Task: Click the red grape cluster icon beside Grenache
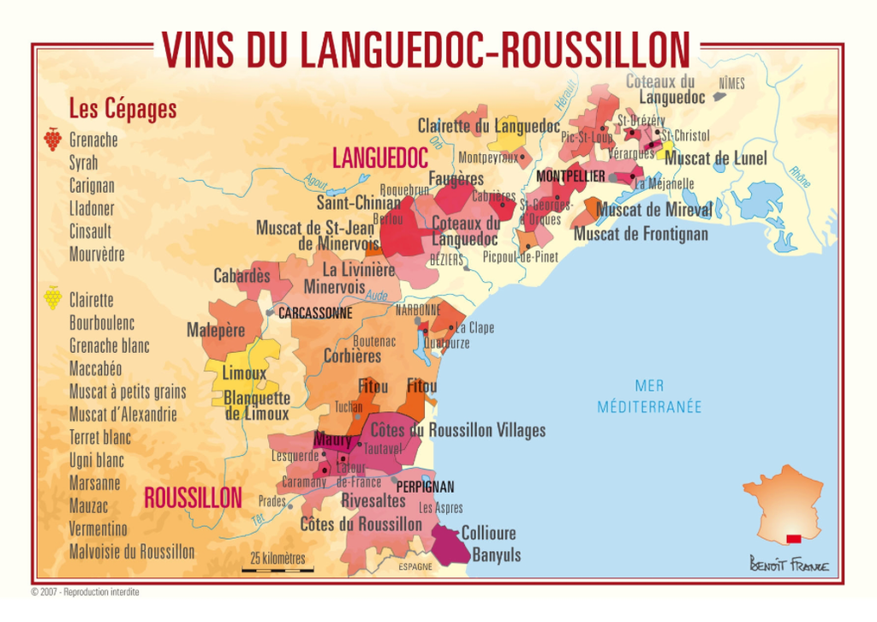click(52, 139)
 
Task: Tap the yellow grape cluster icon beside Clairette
click(52, 297)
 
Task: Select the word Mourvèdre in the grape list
click(97, 254)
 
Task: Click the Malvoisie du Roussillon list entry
click(131, 552)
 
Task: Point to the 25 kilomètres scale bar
click(277, 568)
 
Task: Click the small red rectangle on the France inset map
click(793, 538)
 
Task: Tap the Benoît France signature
click(788, 565)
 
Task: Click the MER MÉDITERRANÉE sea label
click(649, 397)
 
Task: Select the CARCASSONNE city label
click(314, 314)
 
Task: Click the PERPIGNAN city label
click(425, 487)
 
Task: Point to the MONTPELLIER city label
click(570, 176)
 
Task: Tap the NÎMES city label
click(731, 83)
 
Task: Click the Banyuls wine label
click(497, 555)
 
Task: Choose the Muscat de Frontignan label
click(641, 234)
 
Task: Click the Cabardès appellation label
click(242, 276)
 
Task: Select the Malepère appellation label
click(216, 330)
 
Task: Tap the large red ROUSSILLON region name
click(193, 499)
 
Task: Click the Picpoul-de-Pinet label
click(520, 257)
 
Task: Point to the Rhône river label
click(801, 176)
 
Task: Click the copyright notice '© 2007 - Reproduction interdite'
click(85, 592)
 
